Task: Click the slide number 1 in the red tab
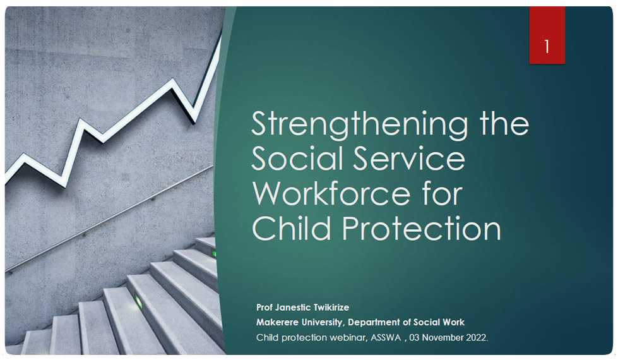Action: click(x=547, y=46)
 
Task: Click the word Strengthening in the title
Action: click(x=359, y=125)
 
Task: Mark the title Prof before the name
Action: click(x=264, y=308)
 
